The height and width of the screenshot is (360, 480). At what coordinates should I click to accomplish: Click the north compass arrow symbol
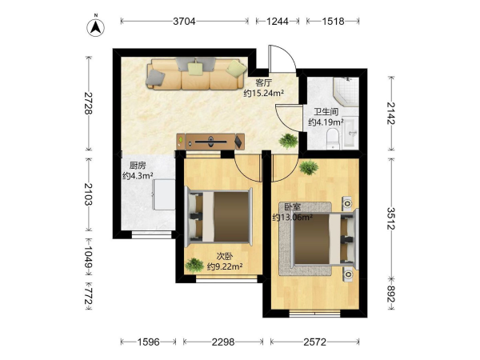click(96, 27)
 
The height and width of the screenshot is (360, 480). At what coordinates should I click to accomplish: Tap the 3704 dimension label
click(184, 21)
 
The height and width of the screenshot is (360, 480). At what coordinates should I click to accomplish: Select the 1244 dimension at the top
click(278, 21)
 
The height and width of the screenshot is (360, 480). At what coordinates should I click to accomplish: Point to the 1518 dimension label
click(333, 21)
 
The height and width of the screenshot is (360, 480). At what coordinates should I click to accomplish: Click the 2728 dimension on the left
click(89, 103)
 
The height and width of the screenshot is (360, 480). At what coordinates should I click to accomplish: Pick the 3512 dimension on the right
click(391, 218)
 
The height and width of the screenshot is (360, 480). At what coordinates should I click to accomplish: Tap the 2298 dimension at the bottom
click(223, 342)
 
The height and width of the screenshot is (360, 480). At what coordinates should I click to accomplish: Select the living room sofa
click(197, 74)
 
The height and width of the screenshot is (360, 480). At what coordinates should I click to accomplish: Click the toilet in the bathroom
click(333, 139)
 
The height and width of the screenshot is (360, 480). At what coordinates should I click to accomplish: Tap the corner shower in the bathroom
click(346, 91)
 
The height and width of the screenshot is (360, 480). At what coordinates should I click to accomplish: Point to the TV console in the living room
click(210, 142)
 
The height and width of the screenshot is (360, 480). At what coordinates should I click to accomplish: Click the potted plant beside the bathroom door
click(288, 141)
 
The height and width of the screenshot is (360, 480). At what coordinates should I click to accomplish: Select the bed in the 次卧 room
click(219, 216)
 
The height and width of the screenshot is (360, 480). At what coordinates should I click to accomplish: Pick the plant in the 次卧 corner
click(194, 266)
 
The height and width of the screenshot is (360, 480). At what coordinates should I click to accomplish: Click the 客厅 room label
click(263, 82)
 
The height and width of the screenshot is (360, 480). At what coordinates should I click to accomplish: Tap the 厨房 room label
click(138, 166)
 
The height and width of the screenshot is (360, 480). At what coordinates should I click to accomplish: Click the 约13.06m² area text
click(293, 218)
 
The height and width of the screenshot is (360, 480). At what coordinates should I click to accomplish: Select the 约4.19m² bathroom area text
click(326, 122)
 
